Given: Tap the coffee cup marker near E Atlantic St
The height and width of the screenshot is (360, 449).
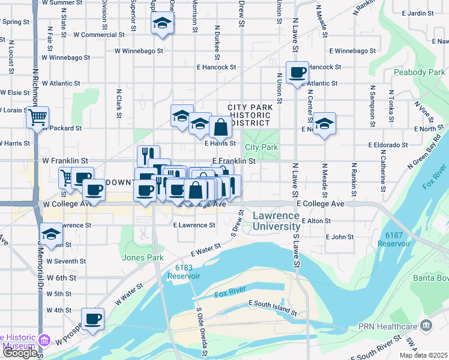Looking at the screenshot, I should [x=297, y=73].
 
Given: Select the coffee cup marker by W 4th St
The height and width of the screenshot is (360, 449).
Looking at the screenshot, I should [x=93, y=319].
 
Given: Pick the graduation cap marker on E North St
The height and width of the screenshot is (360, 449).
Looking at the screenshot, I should [x=324, y=124].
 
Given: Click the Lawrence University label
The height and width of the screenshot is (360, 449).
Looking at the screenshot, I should [x=276, y=221].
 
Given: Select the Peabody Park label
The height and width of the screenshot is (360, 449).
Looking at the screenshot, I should [x=419, y=73].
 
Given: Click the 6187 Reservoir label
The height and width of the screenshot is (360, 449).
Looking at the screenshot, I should [x=394, y=239].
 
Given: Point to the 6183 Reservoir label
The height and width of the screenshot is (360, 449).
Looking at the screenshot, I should [x=184, y=272].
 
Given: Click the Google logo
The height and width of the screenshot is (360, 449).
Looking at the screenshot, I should [x=20, y=353].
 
